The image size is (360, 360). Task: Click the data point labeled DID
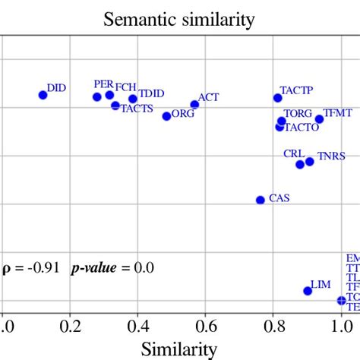[x=43, y=95]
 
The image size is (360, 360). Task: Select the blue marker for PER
[x=97, y=97]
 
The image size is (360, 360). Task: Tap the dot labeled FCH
[x=109, y=95]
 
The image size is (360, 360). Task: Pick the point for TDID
[x=133, y=99]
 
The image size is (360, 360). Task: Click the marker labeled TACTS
[x=115, y=106]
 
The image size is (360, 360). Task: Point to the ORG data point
[x=167, y=116]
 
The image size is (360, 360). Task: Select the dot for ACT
[x=194, y=105]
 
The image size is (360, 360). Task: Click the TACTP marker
[x=278, y=98]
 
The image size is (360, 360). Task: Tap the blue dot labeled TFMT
[x=319, y=119]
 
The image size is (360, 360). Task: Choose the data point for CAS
[x=261, y=200]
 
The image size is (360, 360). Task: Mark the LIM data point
[x=308, y=291]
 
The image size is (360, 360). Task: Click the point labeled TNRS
[x=309, y=162]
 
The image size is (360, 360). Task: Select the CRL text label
[x=294, y=153]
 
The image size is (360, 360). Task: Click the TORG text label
[x=298, y=112]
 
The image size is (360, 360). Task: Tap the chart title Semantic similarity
[x=179, y=18]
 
